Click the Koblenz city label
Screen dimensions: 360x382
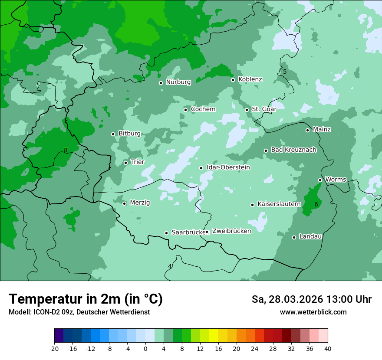point(250,79)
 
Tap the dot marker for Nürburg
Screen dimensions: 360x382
point(161,83)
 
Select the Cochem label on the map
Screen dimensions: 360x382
point(203,109)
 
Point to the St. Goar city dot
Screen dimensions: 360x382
point(247,110)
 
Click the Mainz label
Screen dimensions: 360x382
point(322,129)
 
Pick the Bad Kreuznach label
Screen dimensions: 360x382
point(293,150)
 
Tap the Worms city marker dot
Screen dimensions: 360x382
point(320,180)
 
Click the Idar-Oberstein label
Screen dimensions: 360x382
point(228,167)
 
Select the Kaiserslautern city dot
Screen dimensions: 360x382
point(252,205)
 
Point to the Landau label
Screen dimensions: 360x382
point(310,236)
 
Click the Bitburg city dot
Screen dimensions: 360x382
point(113,134)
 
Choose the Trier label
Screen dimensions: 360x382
point(137,162)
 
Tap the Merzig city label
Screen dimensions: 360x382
point(140,203)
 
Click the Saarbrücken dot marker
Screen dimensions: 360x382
point(166,233)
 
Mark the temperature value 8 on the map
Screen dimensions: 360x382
point(66,151)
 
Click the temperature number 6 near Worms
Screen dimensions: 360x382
point(316,204)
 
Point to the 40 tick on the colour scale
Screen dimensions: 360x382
point(328,348)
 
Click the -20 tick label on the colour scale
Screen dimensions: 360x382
point(54,348)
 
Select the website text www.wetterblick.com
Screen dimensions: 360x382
point(313,312)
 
